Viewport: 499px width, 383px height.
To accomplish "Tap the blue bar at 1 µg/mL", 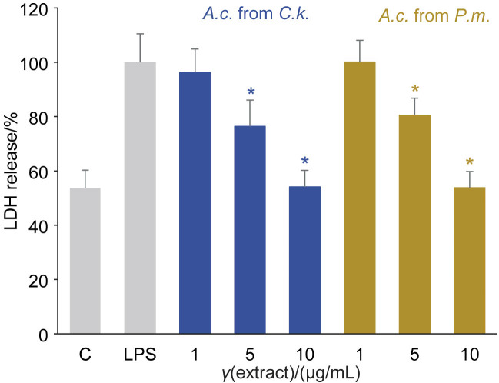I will click(x=195, y=203).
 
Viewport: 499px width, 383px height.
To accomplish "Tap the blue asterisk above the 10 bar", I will click(x=304, y=161).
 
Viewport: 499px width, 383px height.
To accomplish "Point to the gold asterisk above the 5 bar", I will click(x=414, y=88).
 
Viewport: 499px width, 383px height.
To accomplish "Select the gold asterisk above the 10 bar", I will click(x=469, y=162).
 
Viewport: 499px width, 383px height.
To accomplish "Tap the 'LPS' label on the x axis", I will click(x=140, y=355).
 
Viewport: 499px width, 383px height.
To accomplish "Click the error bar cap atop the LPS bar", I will click(x=140, y=34).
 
